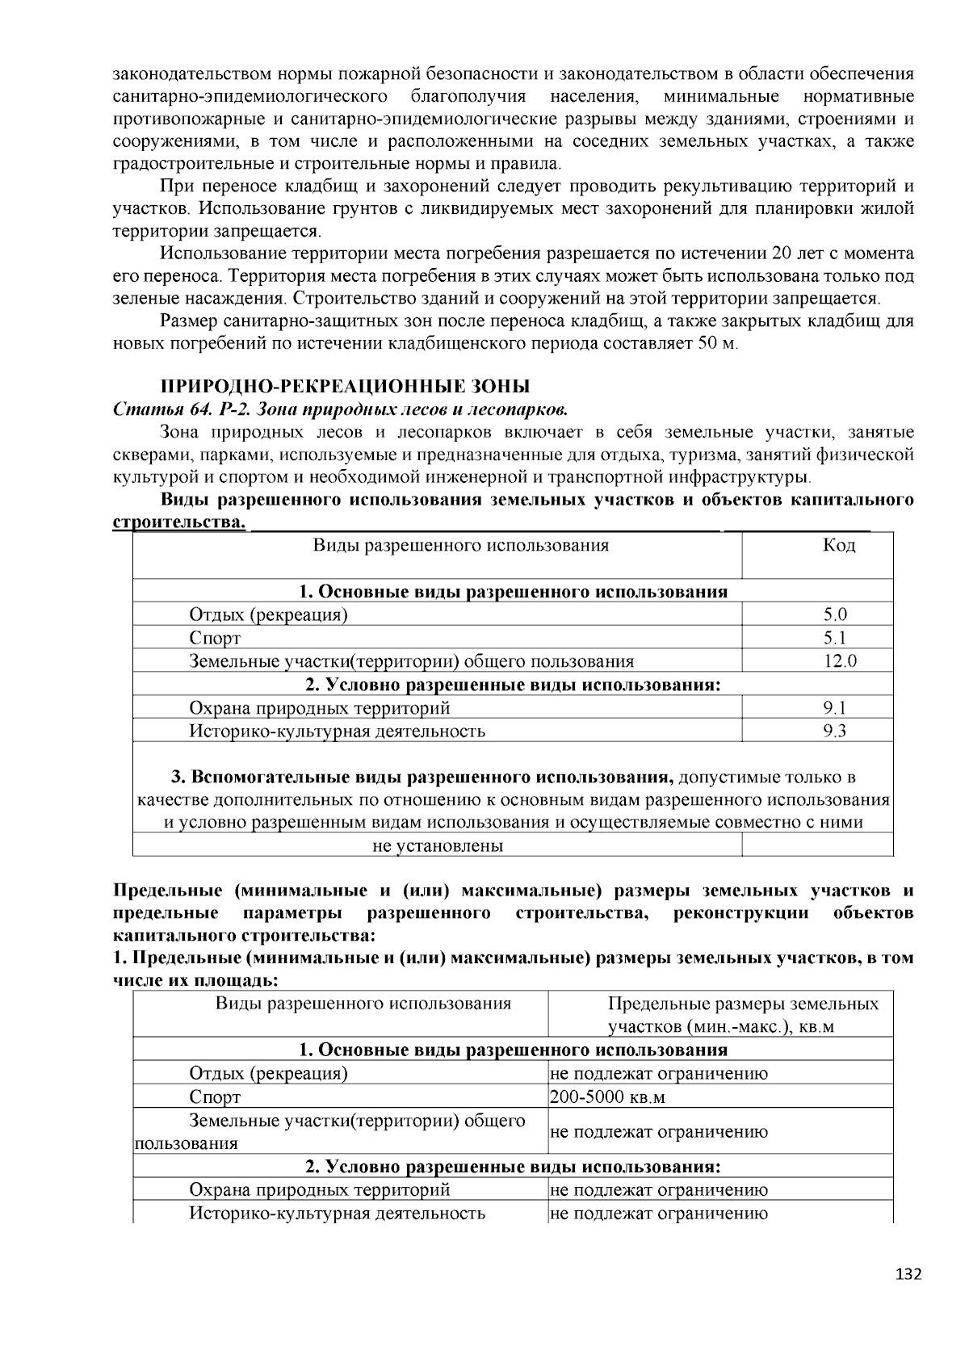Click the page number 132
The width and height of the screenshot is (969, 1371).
tap(908, 1274)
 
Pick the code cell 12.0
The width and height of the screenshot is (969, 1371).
tap(839, 661)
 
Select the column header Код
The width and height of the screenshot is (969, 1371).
tap(839, 545)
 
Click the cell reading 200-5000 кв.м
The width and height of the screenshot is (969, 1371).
tap(607, 1097)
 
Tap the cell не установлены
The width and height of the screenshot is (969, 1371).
tap(438, 845)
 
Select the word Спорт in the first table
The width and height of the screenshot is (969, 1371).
tap(215, 638)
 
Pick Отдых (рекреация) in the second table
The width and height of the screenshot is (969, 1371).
tap(268, 1073)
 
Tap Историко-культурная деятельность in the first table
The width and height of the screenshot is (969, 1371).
tap(337, 732)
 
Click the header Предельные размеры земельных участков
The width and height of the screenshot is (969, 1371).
tap(742, 1015)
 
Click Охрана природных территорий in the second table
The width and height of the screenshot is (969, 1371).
tap(319, 1189)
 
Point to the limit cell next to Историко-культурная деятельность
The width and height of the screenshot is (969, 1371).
tap(658, 1213)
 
